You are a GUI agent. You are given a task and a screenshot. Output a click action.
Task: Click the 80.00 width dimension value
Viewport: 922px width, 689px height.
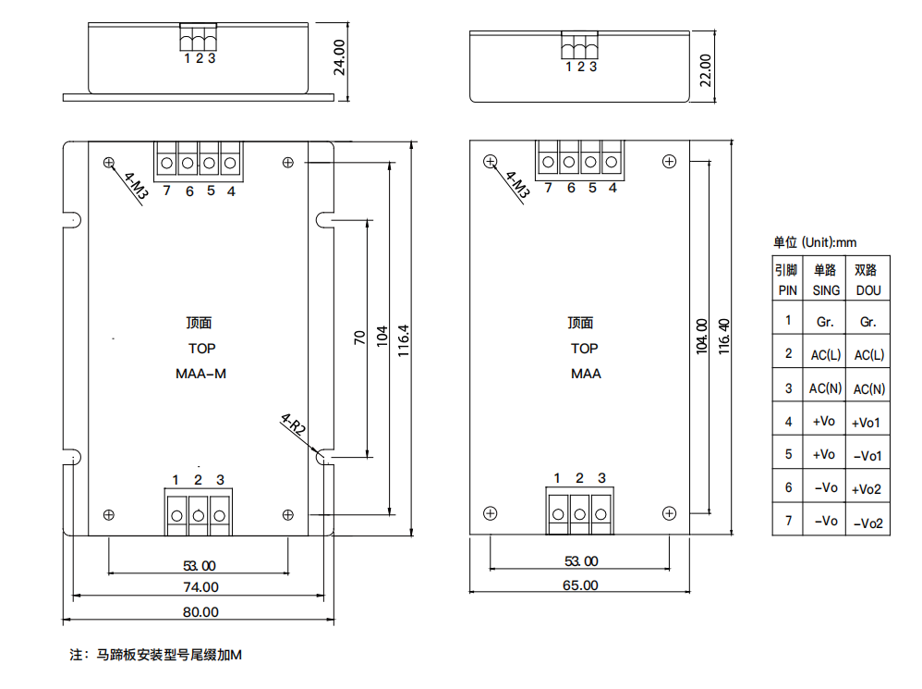tap(200, 611)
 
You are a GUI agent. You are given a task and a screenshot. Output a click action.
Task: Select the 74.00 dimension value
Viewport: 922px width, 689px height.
tap(200, 586)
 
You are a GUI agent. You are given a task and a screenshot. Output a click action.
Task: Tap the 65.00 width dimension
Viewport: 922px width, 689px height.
tap(580, 584)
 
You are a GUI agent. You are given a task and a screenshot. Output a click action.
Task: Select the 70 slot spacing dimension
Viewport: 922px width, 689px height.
tap(360, 337)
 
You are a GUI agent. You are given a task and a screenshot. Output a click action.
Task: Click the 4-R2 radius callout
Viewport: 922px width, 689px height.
tap(293, 424)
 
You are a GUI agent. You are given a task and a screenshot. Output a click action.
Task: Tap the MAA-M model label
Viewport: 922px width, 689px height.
tap(201, 374)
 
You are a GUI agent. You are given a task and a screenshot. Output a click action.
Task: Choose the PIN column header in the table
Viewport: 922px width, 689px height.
tap(787, 289)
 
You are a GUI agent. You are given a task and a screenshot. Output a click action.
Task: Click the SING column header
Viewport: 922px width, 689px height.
tap(826, 289)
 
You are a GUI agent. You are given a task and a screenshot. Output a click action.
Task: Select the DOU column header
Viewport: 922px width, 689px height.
tap(868, 289)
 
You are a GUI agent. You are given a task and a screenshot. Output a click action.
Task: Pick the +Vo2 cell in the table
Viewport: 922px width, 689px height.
tap(868, 488)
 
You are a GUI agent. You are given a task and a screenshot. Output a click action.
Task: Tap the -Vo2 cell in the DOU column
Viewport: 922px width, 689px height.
tap(868, 523)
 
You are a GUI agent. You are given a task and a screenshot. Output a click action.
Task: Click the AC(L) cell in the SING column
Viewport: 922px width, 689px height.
tap(825, 354)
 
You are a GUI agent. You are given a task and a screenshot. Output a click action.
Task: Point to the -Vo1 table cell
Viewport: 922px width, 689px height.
tap(868, 455)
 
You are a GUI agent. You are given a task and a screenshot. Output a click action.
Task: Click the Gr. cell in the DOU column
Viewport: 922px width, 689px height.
tap(868, 322)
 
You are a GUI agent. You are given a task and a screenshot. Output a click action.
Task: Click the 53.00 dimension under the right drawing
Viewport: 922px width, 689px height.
tap(580, 560)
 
